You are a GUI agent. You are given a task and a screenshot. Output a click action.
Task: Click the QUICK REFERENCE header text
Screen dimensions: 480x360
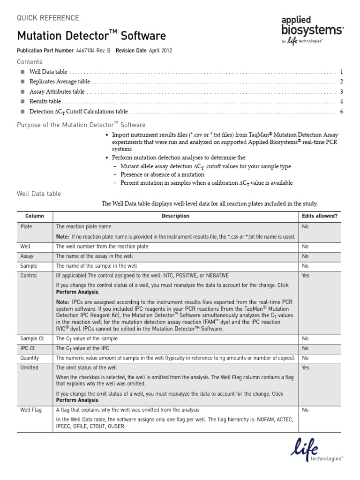[x=48, y=18]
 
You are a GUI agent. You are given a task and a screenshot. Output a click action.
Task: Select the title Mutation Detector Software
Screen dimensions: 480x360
[x=91, y=36]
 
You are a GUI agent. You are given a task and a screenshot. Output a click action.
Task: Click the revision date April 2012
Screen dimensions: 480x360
[x=160, y=51]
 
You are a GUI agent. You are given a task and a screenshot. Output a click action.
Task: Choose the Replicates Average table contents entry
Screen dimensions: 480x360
[x=60, y=82]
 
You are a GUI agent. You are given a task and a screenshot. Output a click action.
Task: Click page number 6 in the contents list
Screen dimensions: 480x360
[x=342, y=112]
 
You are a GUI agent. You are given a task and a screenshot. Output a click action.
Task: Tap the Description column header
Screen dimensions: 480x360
[x=175, y=216]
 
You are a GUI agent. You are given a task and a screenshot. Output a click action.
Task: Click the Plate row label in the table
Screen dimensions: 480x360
[x=26, y=226]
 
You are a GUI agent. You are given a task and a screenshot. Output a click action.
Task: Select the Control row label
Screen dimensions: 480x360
[x=29, y=276]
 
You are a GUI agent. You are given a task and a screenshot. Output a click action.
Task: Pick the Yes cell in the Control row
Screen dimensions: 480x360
[x=306, y=276]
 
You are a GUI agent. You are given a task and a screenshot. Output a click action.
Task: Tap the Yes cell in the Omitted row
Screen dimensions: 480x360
[x=306, y=368]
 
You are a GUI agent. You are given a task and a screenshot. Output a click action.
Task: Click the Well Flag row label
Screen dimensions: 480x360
[x=31, y=410]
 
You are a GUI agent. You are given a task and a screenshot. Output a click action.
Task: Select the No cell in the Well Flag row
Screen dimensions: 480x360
[x=305, y=410]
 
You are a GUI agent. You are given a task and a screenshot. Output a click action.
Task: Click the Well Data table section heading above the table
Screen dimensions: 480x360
[x=39, y=194]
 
